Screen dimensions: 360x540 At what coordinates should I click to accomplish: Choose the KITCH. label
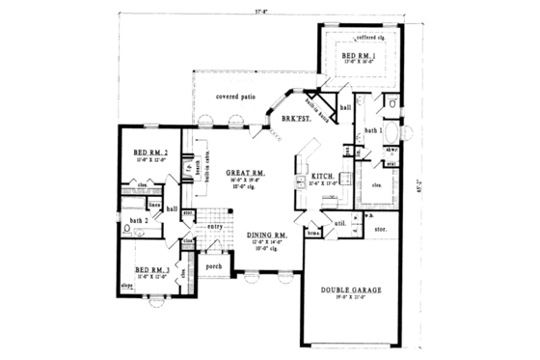321,177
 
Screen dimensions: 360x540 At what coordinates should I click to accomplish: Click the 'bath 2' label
137,220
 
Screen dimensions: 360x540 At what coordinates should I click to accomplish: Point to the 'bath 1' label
373,128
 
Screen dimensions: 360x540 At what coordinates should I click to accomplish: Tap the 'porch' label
213,265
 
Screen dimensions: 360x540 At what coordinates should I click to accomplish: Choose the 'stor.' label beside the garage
382,230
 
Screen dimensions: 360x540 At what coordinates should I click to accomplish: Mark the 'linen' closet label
154,205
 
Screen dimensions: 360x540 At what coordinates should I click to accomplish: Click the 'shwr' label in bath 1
393,151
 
